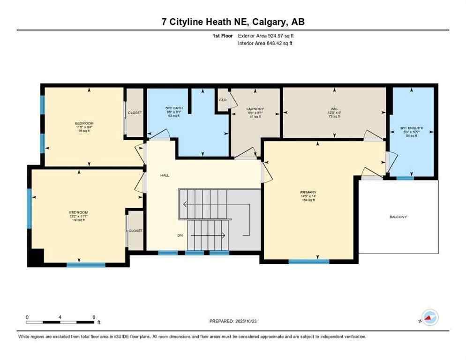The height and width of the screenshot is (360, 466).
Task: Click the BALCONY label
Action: pos(398,217)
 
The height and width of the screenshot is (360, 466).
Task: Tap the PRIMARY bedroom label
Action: pos(308,192)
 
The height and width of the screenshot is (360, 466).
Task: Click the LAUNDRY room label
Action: pos(255,109)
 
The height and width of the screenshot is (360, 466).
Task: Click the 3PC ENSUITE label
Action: pos(411,127)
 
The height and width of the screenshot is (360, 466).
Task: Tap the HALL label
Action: pos(165,175)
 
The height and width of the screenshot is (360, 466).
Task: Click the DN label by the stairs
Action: pos(180,235)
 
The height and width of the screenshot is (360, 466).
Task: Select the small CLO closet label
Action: pos(223,100)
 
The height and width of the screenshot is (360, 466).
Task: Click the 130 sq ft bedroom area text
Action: pos(78,220)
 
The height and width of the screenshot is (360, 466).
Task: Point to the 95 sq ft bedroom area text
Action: pos(84,131)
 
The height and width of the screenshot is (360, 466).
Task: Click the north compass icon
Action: pos(429,317)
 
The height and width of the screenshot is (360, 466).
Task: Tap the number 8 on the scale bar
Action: pos(94,317)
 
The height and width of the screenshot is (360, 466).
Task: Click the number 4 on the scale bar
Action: pos(60,317)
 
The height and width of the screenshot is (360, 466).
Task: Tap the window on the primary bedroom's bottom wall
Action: pos(308,262)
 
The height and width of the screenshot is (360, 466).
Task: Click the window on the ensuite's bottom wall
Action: pos(405,178)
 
